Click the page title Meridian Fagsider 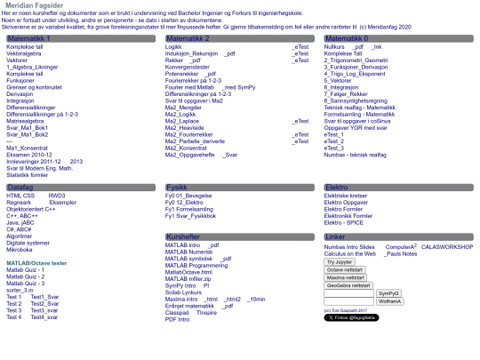[41, 5]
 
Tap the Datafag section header [21, 188]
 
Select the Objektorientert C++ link [37, 208]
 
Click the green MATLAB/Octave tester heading [36, 263]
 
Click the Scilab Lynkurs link [184, 292]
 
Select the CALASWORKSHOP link [447, 246]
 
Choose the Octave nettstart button [345, 269]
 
